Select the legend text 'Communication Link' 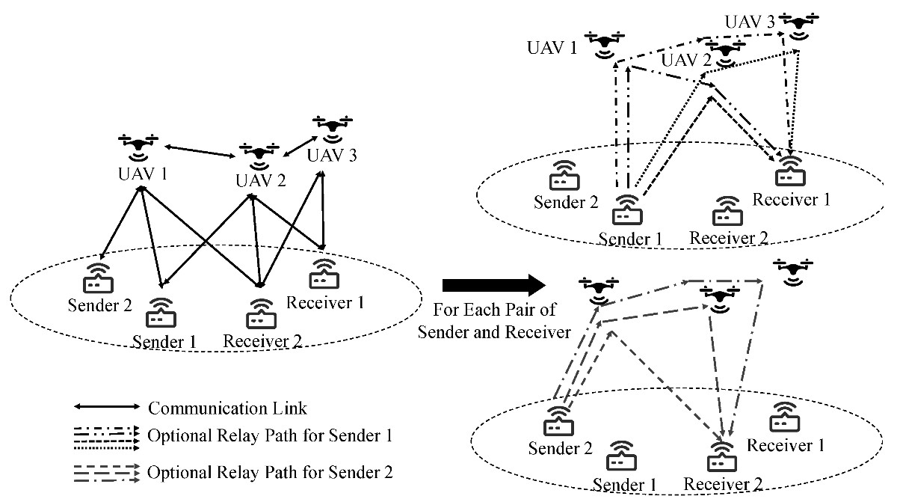pyautogui.click(x=228, y=408)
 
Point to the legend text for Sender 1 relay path pyautogui.click(x=271, y=435)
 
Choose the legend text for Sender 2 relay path pyautogui.click(x=271, y=472)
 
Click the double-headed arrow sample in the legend pyautogui.click(x=106, y=408)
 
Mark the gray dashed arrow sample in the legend pyautogui.click(x=106, y=472)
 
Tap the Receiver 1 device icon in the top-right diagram pyautogui.click(x=789, y=171)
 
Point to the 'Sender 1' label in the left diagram pyautogui.click(x=164, y=341)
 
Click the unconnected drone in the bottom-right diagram pyautogui.click(x=794, y=272)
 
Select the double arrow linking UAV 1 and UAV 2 pyautogui.click(x=198, y=150)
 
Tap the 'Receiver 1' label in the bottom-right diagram pyautogui.click(x=786, y=446)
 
